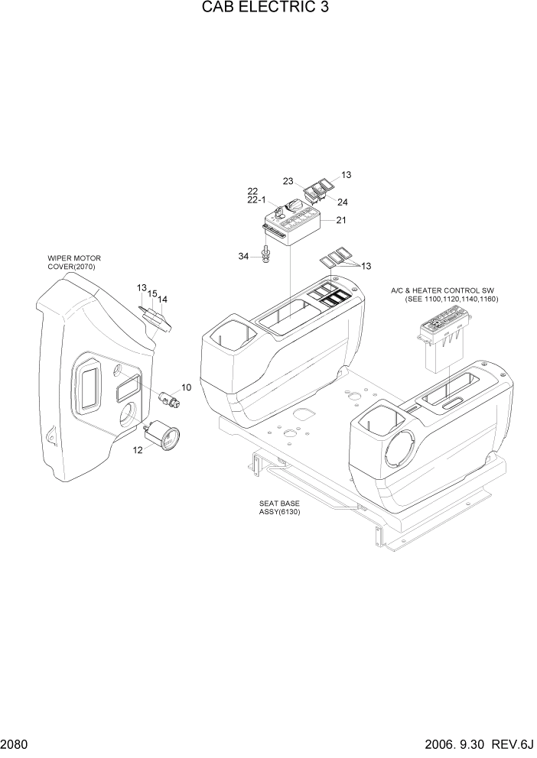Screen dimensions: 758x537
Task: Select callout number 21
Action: click(340, 221)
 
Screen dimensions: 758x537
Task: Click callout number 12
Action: click(138, 450)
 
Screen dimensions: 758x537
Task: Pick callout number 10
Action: click(186, 388)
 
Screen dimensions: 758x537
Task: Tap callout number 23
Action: click(288, 181)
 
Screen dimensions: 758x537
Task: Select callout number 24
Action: click(342, 202)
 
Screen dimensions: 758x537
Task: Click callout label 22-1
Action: click(256, 200)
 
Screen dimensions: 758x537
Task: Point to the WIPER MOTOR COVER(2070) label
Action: click(74, 263)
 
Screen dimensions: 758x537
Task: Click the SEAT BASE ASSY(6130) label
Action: click(279, 508)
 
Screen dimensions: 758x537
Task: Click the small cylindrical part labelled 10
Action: click(168, 397)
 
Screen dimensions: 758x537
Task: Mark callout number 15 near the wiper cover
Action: click(152, 293)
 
